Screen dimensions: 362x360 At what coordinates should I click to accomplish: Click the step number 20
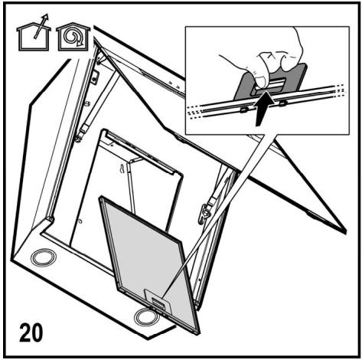31,332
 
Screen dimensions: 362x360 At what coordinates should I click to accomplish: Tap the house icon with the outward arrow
33,34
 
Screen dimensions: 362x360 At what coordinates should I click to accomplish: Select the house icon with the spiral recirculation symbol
73,37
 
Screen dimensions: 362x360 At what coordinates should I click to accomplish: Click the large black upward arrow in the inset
263,108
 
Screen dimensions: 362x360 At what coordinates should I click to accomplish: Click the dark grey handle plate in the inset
270,82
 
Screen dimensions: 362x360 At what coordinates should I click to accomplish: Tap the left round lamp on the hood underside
44,257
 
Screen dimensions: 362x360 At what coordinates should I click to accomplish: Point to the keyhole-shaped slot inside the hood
122,169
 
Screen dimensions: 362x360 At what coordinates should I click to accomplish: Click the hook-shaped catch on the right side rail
204,213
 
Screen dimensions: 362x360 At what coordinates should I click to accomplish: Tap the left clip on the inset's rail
244,110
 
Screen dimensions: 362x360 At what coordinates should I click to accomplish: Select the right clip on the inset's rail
282,103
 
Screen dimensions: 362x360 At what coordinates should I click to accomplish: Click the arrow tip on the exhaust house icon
46,16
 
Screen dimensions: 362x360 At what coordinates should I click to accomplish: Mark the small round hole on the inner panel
80,221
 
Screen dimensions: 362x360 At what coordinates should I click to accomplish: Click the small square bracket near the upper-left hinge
95,77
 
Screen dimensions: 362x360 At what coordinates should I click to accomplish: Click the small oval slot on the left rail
87,103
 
